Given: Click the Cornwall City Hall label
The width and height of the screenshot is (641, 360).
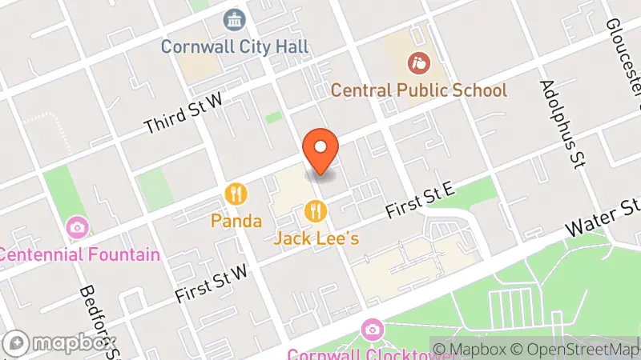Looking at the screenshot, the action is [x=234, y=46].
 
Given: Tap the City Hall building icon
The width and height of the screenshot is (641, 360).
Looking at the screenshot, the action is [x=234, y=19].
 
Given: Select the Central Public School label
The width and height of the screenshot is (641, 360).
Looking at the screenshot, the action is [x=419, y=90].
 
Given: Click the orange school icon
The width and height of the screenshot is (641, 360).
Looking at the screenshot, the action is [x=418, y=61].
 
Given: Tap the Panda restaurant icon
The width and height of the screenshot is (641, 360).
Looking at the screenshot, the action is [x=236, y=194].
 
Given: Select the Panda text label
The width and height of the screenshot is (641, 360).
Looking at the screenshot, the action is [x=237, y=219].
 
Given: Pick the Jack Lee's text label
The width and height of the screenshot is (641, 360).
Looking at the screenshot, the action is [x=316, y=238].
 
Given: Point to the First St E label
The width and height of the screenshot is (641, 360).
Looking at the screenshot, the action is [x=420, y=200].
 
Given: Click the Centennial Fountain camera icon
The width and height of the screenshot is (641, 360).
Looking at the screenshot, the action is [x=78, y=228].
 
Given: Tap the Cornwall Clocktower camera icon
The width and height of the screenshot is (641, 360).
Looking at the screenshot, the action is [x=371, y=329].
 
